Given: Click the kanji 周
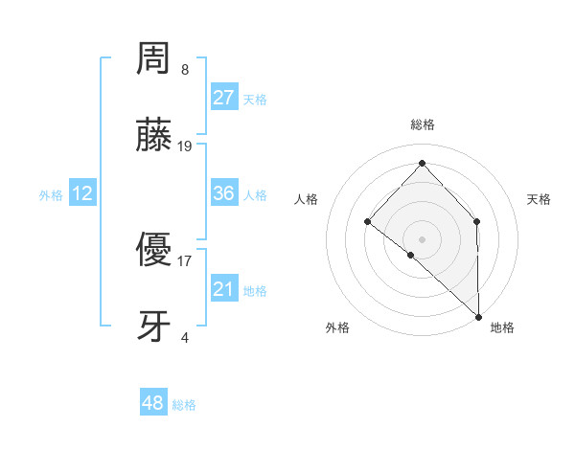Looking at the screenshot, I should [x=154, y=59].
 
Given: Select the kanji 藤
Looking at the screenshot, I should [x=154, y=137].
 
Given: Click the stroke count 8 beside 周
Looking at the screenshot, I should [x=185, y=70].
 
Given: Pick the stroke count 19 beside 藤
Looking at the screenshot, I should [x=185, y=146].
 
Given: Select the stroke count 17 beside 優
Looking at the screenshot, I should [x=185, y=260].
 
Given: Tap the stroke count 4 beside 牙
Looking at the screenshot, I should [x=185, y=337].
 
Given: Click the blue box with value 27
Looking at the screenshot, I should [x=224, y=98].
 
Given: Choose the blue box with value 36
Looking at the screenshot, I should [x=224, y=193].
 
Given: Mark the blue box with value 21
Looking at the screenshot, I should [x=224, y=289].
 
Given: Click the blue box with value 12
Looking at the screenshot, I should [x=82, y=193].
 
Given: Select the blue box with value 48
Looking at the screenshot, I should [x=153, y=403].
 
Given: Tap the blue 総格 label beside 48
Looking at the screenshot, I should [x=184, y=405].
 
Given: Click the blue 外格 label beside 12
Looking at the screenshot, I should [x=51, y=195].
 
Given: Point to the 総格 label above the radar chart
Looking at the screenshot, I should [x=422, y=125].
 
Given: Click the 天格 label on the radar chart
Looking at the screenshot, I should [x=540, y=199].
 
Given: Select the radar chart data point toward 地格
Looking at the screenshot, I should [x=478, y=315].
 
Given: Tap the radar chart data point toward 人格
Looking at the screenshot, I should [x=367, y=222].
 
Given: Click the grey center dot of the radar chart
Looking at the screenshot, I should [x=422, y=238].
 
